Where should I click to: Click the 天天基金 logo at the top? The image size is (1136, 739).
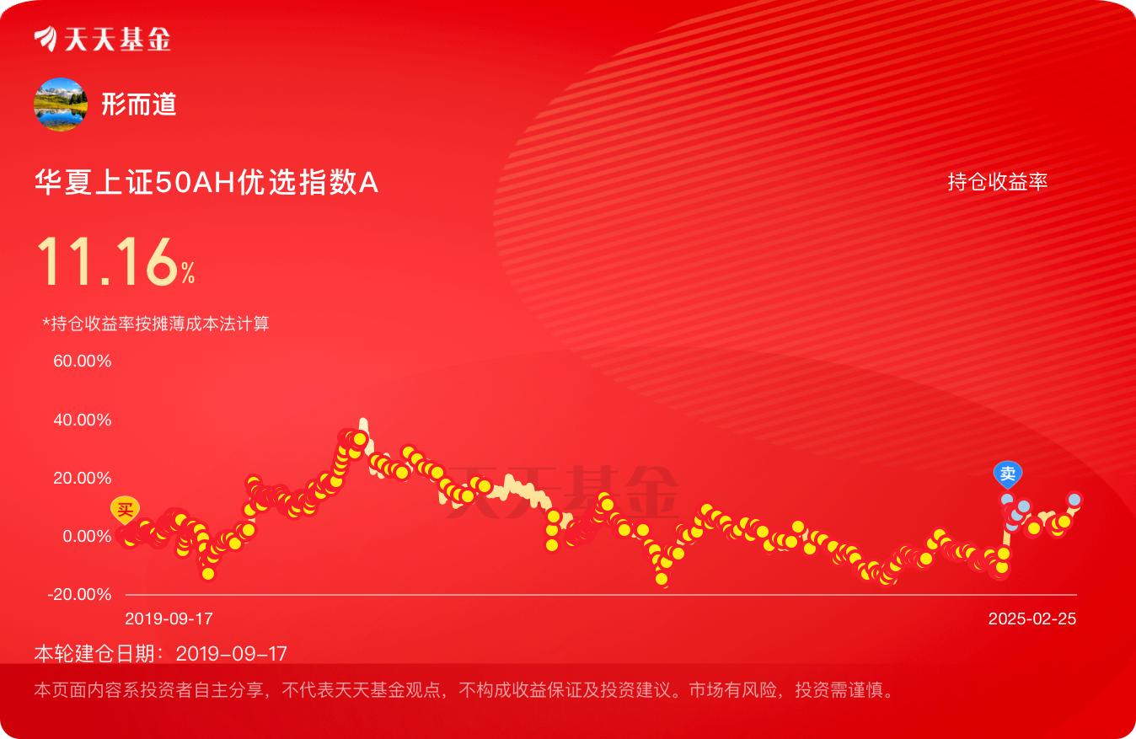pos(103,39)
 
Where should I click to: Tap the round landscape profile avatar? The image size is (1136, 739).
pos(61,104)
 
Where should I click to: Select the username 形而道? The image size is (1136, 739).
pos(138,104)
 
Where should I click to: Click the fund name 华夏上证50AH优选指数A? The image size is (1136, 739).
pos(206,183)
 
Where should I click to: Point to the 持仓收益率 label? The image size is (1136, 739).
pos(998,181)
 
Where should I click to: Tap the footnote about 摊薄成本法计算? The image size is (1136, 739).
pos(156,324)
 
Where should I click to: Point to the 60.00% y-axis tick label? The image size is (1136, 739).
pos(82,361)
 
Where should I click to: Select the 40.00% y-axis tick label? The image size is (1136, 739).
pos(82,420)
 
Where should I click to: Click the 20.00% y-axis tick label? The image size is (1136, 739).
pos(82,478)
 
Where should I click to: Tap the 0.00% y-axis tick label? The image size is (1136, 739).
pos(87,536)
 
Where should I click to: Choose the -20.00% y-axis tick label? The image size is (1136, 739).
pos(79,594)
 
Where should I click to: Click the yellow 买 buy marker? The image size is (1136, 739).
pos(125,509)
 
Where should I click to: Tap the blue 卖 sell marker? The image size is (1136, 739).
pos(1008,474)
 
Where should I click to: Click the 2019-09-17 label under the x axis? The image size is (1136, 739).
pos(169,619)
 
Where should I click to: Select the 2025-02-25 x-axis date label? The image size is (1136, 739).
pos(1032,619)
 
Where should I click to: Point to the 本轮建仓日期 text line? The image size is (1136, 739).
pos(161,654)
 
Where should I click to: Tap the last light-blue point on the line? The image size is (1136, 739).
pos(1074,500)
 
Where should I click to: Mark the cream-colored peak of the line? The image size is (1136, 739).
pos(363,421)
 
